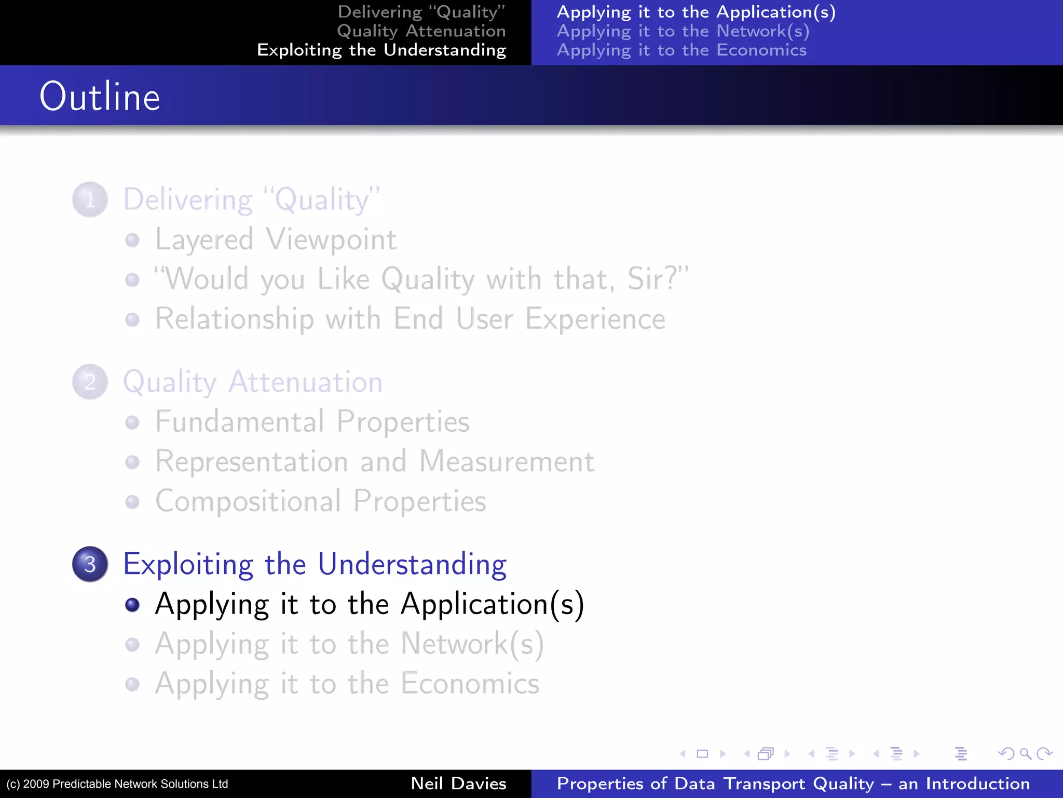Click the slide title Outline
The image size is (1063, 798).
click(x=100, y=97)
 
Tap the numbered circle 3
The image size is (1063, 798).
click(x=90, y=564)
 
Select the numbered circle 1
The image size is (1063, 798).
click(x=90, y=199)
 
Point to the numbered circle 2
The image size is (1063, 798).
click(x=90, y=382)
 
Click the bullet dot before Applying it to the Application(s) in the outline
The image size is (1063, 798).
click(x=133, y=604)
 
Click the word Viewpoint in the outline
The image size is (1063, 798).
click(x=331, y=240)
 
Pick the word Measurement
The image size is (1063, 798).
click(x=507, y=461)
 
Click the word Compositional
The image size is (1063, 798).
click(x=248, y=501)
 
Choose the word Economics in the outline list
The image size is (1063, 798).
click(x=470, y=684)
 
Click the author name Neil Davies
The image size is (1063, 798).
click(x=458, y=783)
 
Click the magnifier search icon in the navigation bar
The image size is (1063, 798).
click(x=1025, y=753)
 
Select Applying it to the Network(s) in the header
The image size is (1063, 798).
click(x=683, y=31)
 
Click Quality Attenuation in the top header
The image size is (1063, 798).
click(x=421, y=31)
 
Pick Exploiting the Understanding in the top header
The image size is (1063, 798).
click(x=381, y=50)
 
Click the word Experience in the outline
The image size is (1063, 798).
click(x=595, y=319)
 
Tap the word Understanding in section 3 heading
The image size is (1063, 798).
click(x=412, y=564)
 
